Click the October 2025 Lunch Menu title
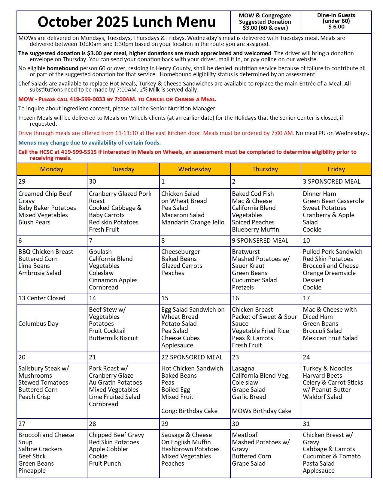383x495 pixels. (x=126, y=22)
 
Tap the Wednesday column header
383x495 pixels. (x=194, y=169)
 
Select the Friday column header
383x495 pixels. (x=336, y=169)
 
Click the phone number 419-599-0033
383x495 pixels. (x=88, y=99)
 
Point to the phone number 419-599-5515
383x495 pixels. (x=79, y=152)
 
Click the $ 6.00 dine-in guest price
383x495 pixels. (x=336, y=27)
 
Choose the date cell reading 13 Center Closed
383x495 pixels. (x=42, y=298)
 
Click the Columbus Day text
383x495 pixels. (x=38, y=324)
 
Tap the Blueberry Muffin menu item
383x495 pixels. (x=255, y=229)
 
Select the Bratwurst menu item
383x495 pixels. (x=246, y=252)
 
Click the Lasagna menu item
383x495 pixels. (x=243, y=368)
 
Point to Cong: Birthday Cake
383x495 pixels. (x=189, y=411)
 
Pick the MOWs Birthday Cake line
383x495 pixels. (x=261, y=411)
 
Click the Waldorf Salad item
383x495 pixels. (x=322, y=397)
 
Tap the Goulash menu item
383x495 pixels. (x=100, y=252)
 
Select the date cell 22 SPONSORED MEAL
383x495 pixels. (x=192, y=357)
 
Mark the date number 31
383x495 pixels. (x=306, y=424)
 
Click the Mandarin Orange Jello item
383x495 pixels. (x=193, y=222)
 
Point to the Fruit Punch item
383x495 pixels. (x=105, y=463)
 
